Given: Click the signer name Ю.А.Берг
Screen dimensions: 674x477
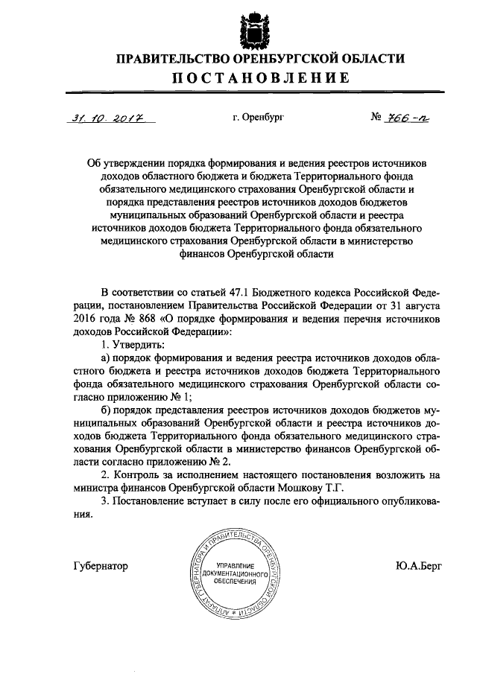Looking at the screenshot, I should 420,565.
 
